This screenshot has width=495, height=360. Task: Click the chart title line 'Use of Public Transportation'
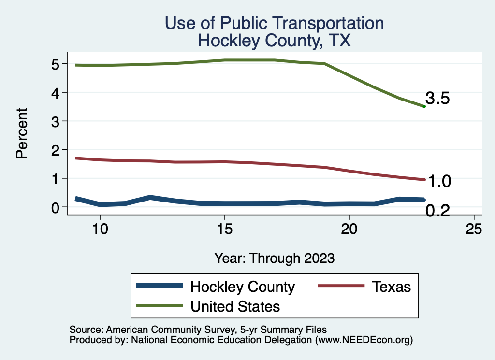point(274,23)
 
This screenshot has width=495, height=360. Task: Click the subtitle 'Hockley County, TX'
point(274,41)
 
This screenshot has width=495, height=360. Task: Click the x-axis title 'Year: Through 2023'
point(274,258)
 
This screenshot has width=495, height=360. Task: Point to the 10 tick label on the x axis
point(100,229)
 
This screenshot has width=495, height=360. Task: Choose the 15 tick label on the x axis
point(224,229)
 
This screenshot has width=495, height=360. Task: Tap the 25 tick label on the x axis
point(474,229)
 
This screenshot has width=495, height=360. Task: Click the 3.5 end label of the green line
point(438,99)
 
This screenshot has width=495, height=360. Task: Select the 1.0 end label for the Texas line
point(439,182)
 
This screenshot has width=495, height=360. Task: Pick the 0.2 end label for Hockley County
point(438,211)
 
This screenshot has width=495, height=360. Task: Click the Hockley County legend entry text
point(243,287)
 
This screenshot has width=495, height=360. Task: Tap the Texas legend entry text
point(391,287)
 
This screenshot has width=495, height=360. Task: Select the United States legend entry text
point(235,306)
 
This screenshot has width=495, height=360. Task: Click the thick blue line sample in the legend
point(160,286)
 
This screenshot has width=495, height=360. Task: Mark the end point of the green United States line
point(424,106)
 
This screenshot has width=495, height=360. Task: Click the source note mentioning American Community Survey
point(199,330)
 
